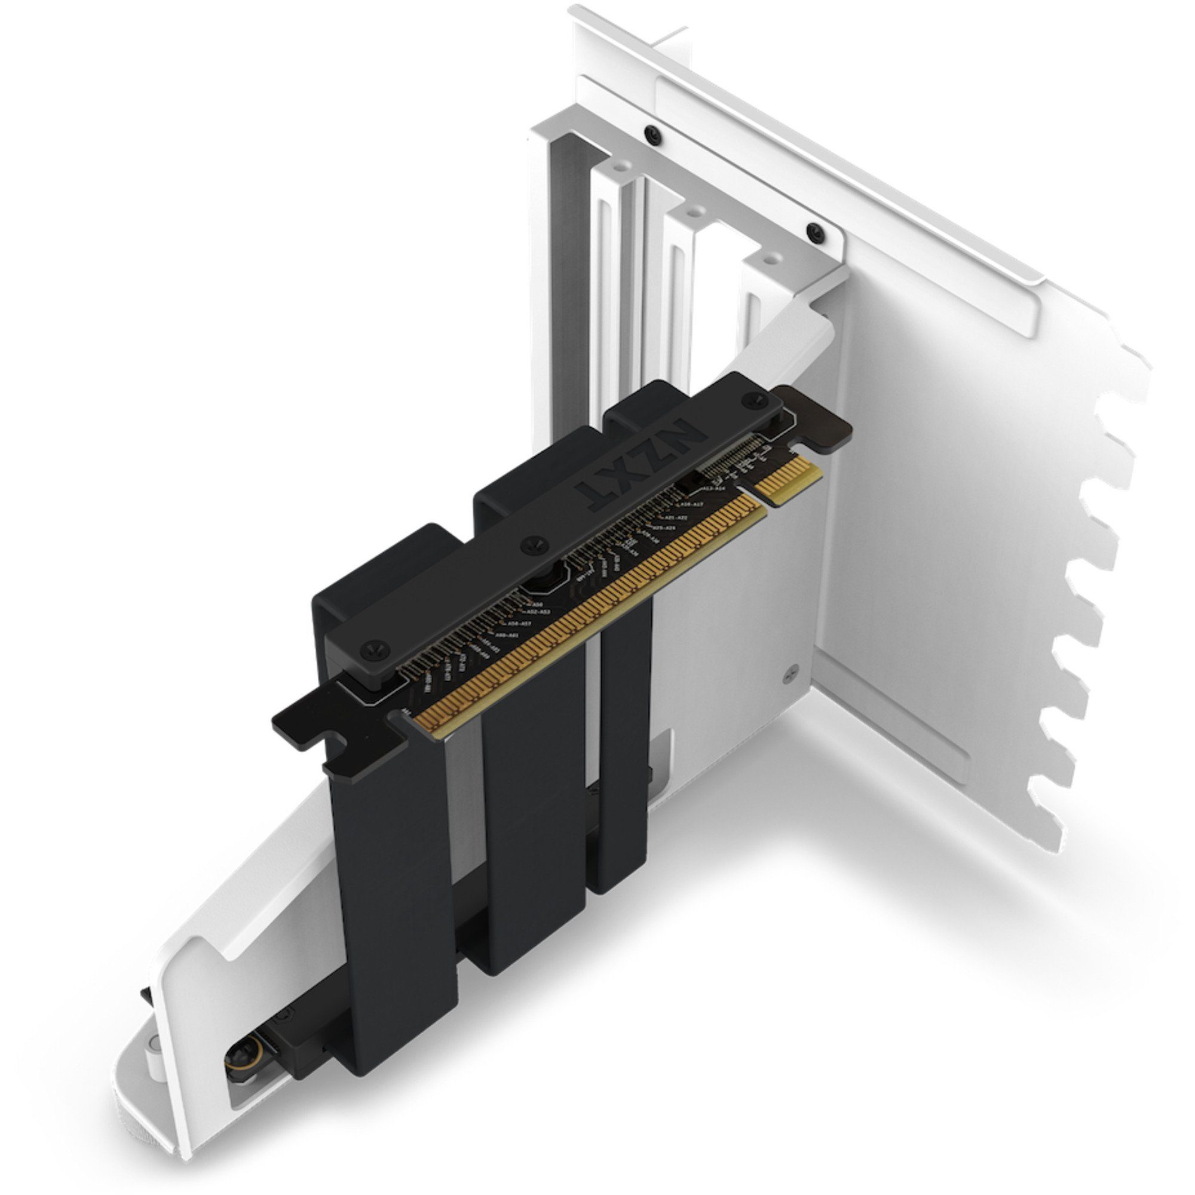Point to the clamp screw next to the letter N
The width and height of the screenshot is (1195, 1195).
click(x=752, y=402)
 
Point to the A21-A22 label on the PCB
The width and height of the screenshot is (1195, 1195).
click(x=674, y=517)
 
